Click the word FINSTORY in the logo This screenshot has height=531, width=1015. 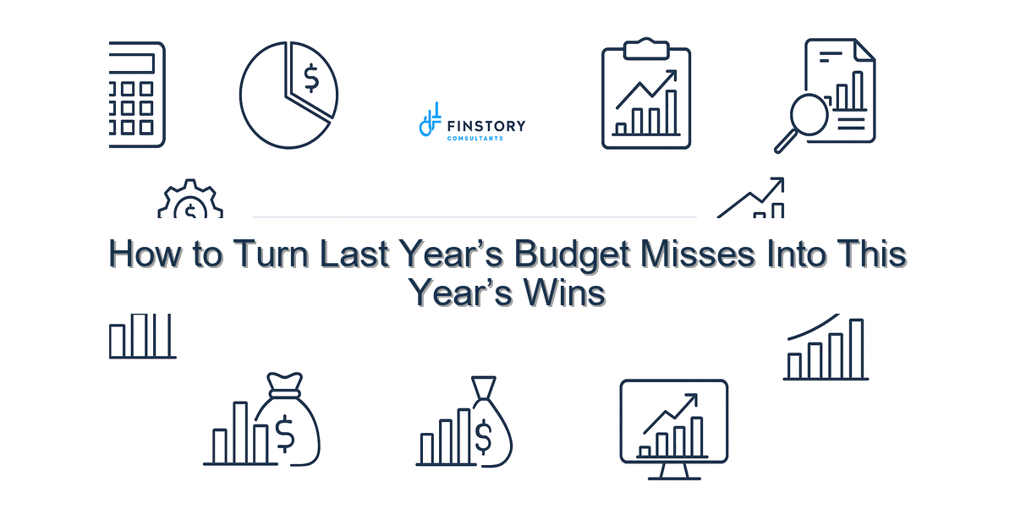pos(486,126)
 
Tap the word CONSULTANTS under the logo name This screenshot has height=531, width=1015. pos(475,139)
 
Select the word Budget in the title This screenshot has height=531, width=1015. pos(572,255)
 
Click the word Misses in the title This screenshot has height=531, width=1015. pos(698,254)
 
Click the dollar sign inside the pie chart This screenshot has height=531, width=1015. pos(311,79)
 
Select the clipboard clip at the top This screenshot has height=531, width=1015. pos(646,48)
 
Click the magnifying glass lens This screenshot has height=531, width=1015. pos(809,114)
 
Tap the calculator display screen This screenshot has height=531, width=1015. pos(131,63)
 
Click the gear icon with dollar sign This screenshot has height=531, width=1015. pos(190,200)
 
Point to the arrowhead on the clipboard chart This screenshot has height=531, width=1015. pos(670,76)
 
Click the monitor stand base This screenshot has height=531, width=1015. pos(674,478)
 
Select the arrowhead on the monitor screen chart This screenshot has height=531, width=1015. pos(691,400)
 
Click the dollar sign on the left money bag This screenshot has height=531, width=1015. pos(285,434)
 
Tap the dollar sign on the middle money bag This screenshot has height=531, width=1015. pos(483,437)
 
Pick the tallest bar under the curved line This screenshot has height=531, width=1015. pos(856,349)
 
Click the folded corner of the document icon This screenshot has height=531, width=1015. pos(864,50)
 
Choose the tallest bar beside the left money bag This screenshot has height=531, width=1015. pos(240,433)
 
